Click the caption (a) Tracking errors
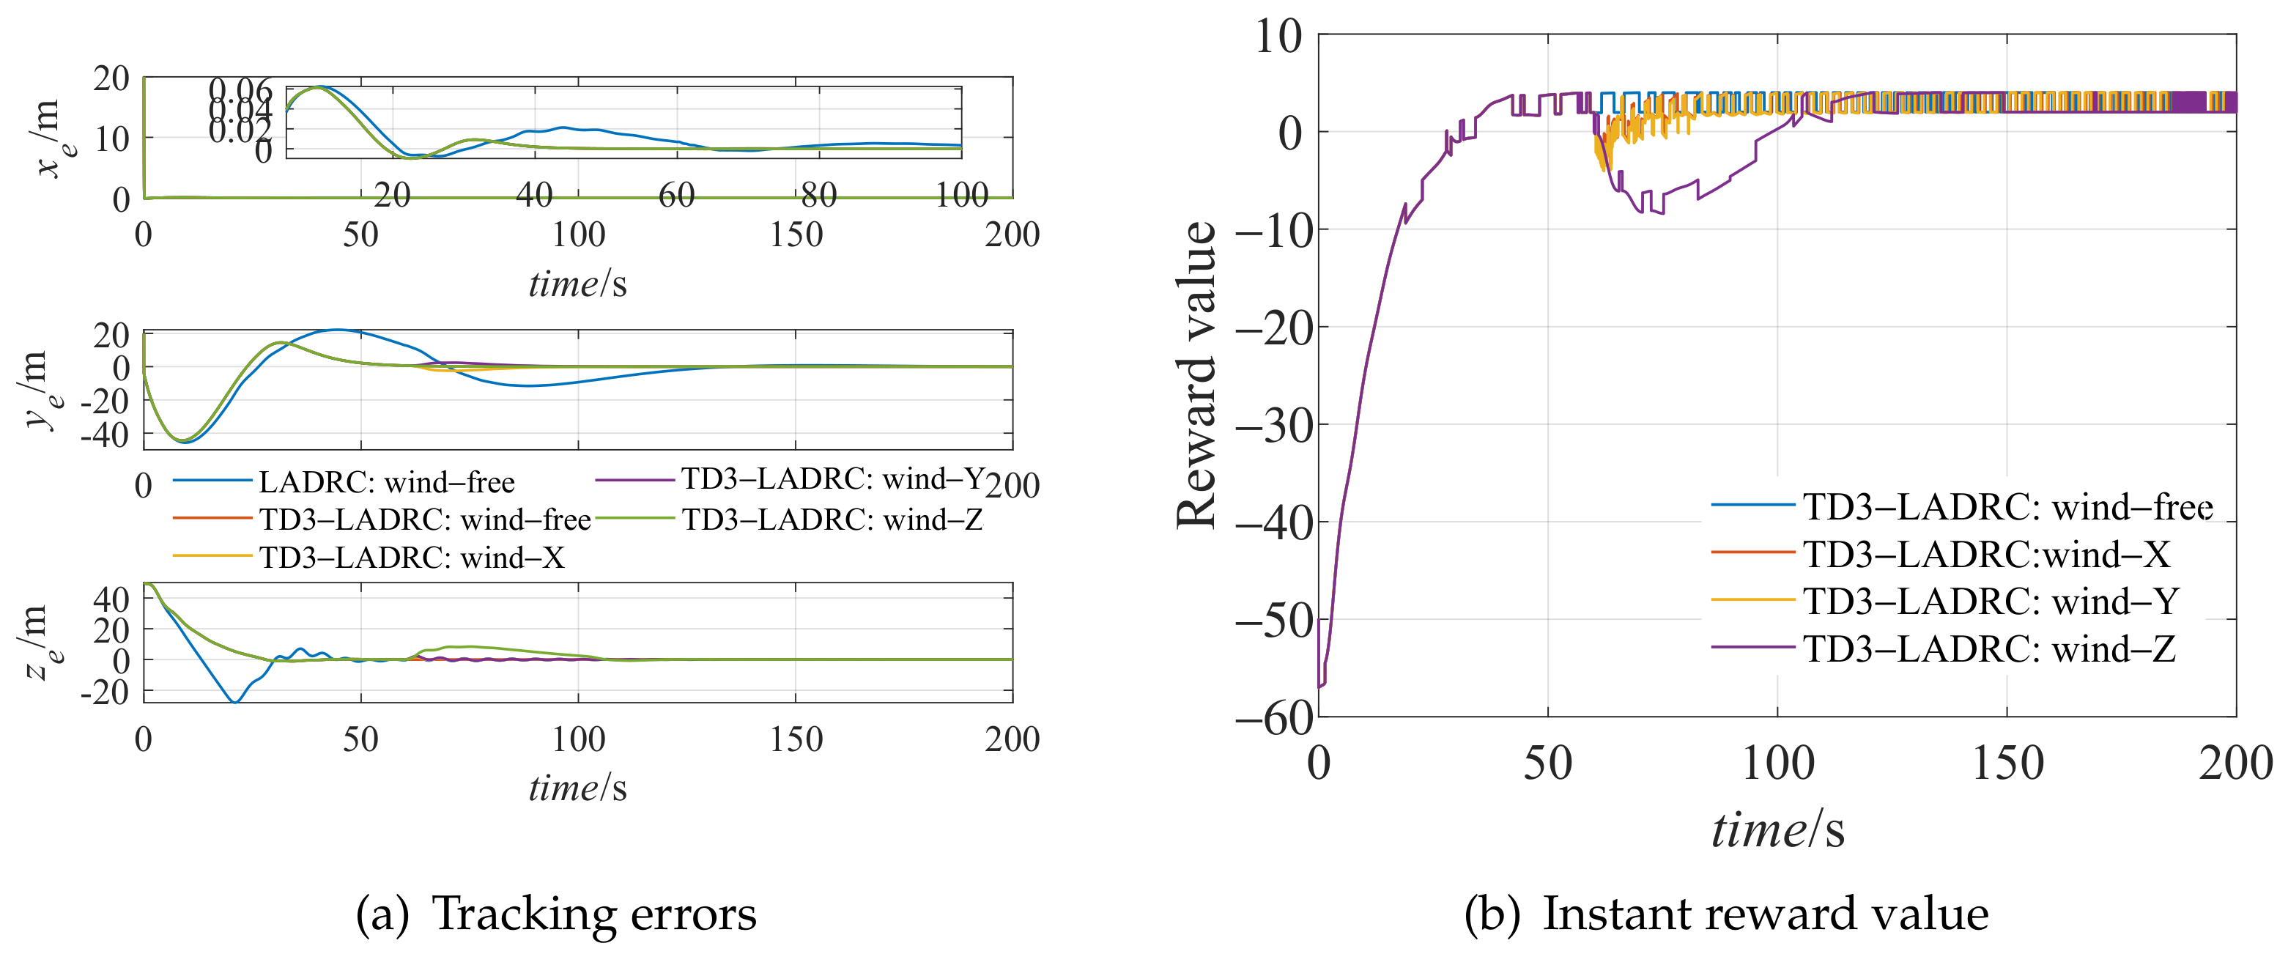coord(556,914)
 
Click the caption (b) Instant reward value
coord(1726,914)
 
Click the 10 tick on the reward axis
coord(1278,37)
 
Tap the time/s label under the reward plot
coord(1777,830)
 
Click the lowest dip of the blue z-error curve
coord(235,702)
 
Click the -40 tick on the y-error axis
coord(105,435)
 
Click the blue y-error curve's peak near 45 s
coord(338,330)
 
